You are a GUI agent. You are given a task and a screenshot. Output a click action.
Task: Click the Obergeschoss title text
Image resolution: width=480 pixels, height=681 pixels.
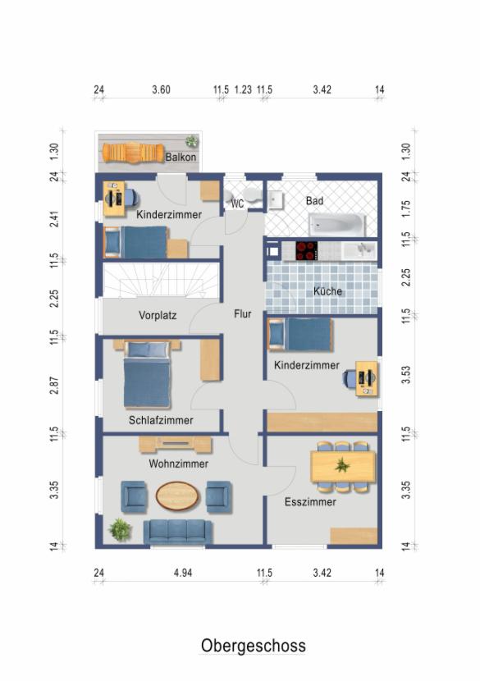click(254, 646)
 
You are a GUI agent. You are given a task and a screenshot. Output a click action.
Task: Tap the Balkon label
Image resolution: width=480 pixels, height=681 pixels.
click(181, 157)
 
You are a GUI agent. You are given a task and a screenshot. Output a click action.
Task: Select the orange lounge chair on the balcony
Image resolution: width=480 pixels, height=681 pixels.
click(134, 153)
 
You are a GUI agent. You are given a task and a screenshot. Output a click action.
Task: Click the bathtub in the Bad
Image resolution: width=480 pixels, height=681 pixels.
click(337, 224)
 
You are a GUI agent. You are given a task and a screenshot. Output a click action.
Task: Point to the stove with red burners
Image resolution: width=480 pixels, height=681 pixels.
click(306, 250)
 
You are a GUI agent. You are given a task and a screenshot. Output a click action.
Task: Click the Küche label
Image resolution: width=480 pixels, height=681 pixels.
click(328, 291)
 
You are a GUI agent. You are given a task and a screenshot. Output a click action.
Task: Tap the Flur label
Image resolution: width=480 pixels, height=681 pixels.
click(242, 313)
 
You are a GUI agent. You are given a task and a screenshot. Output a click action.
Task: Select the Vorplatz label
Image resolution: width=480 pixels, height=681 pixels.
click(158, 315)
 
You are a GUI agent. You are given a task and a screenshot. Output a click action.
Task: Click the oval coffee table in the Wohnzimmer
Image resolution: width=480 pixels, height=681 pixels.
click(178, 496)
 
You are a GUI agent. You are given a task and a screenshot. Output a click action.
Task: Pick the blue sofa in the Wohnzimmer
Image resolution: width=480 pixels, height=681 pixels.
click(178, 532)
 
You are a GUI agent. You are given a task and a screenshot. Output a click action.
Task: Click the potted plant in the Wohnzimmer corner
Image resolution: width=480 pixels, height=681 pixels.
click(120, 530)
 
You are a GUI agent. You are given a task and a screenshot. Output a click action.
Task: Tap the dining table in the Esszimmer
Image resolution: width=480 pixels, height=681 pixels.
click(343, 467)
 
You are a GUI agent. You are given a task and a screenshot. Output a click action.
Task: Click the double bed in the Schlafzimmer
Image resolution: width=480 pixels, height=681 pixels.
click(147, 375)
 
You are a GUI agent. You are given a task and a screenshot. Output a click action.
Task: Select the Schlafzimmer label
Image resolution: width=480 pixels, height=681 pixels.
click(161, 420)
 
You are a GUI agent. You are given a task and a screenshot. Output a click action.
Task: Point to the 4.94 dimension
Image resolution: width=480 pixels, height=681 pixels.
click(183, 573)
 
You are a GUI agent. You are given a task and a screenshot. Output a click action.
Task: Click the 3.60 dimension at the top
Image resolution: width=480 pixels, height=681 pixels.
click(161, 90)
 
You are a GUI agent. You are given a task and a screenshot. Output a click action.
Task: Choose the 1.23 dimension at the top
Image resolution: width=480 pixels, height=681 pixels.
click(243, 90)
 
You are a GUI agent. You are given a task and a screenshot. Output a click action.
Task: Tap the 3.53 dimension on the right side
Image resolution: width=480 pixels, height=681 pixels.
click(405, 375)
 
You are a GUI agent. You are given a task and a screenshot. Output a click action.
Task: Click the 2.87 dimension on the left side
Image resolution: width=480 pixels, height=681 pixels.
click(54, 386)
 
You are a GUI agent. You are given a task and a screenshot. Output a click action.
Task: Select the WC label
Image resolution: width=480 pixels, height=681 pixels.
click(237, 203)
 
